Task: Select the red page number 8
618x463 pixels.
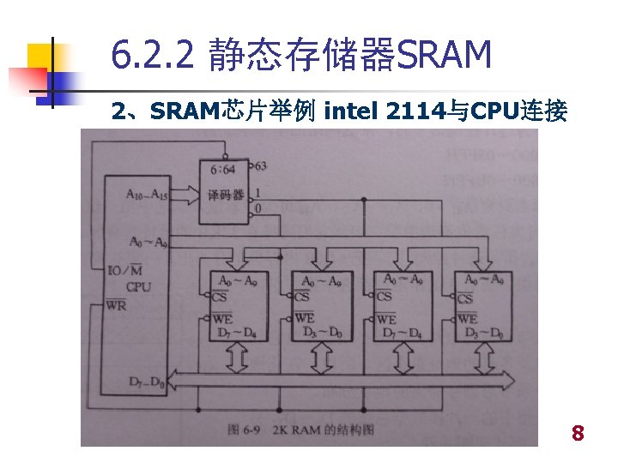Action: click(578, 434)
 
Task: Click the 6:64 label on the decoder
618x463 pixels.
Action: click(221, 169)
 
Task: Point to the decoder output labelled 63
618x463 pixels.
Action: click(259, 165)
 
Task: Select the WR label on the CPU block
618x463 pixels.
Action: click(116, 305)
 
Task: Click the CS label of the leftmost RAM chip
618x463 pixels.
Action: click(219, 297)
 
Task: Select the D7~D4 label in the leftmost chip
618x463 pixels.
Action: click(237, 332)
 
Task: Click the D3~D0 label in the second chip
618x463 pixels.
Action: click(319, 332)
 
